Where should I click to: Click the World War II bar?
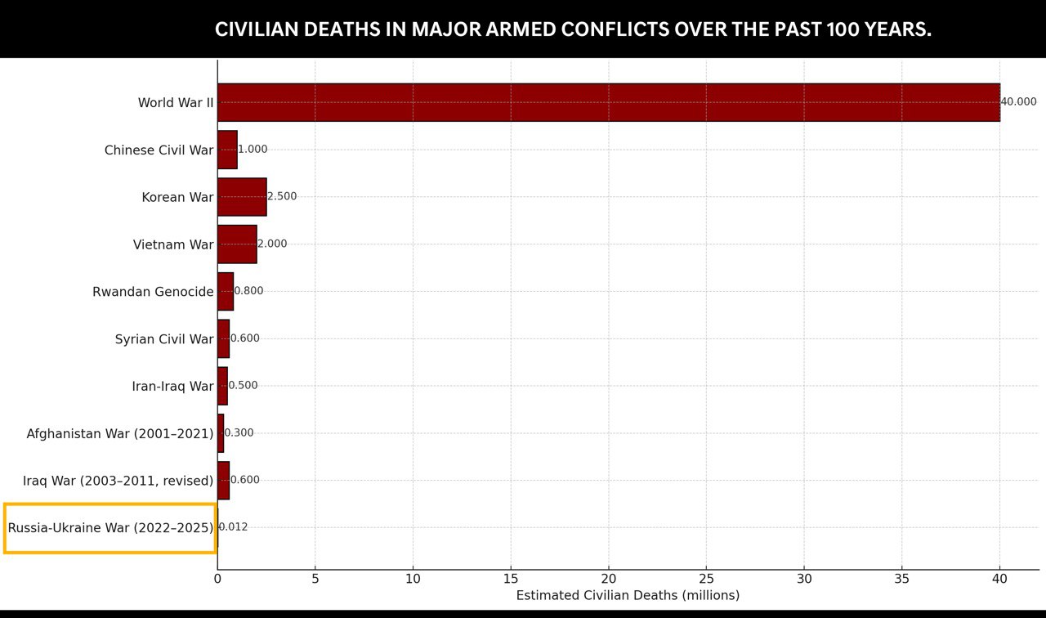click(x=609, y=103)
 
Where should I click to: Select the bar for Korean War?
click(x=243, y=197)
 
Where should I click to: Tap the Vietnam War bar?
click(x=237, y=244)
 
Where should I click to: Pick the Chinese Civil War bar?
click(x=227, y=150)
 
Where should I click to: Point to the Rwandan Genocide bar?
click(x=226, y=292)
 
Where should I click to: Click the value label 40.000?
click(x=1018, y=102)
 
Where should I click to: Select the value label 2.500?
click(x=282, y=196)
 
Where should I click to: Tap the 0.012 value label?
click(x=233, y=527)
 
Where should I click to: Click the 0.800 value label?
click(x=248, y=290)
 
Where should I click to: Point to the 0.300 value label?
click(x=239, y=432)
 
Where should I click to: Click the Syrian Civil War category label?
click(x=164, y=339)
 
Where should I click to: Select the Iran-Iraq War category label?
click(x=172, y=387)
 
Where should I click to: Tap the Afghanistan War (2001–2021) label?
click(x=120, y=434)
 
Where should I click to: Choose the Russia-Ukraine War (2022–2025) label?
click(x=110, y=528)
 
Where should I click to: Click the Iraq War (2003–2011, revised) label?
click(x=118, y=481)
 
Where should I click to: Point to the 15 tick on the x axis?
click(x=511, y=580)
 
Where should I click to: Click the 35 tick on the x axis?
click(x=901, y=580)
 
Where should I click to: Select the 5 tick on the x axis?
click(x=315, y=580)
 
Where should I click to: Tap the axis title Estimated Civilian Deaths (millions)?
click(x=628, y=596)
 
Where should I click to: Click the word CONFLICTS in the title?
click(x=615, y=29)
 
